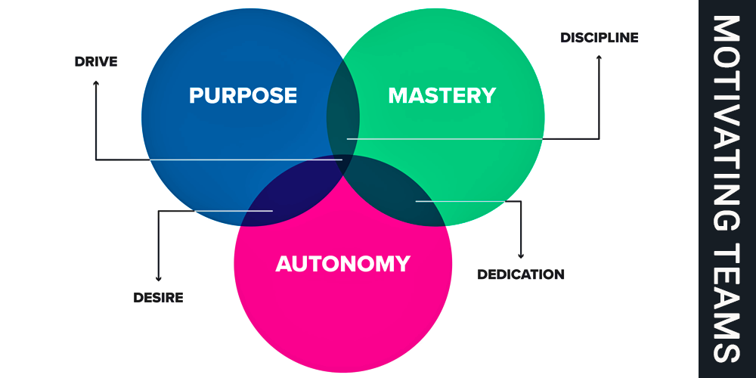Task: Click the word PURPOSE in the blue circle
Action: [243, 96]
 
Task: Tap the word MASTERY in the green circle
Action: [442, 96]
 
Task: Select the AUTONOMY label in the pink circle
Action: [342, 264]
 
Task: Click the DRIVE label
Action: [96, 61]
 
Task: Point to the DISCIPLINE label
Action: [600, 37]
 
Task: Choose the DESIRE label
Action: [158, 297]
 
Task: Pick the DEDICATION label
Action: [521, 274]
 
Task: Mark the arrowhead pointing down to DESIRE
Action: [158, 277]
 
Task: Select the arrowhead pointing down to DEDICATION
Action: [520, 254]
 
